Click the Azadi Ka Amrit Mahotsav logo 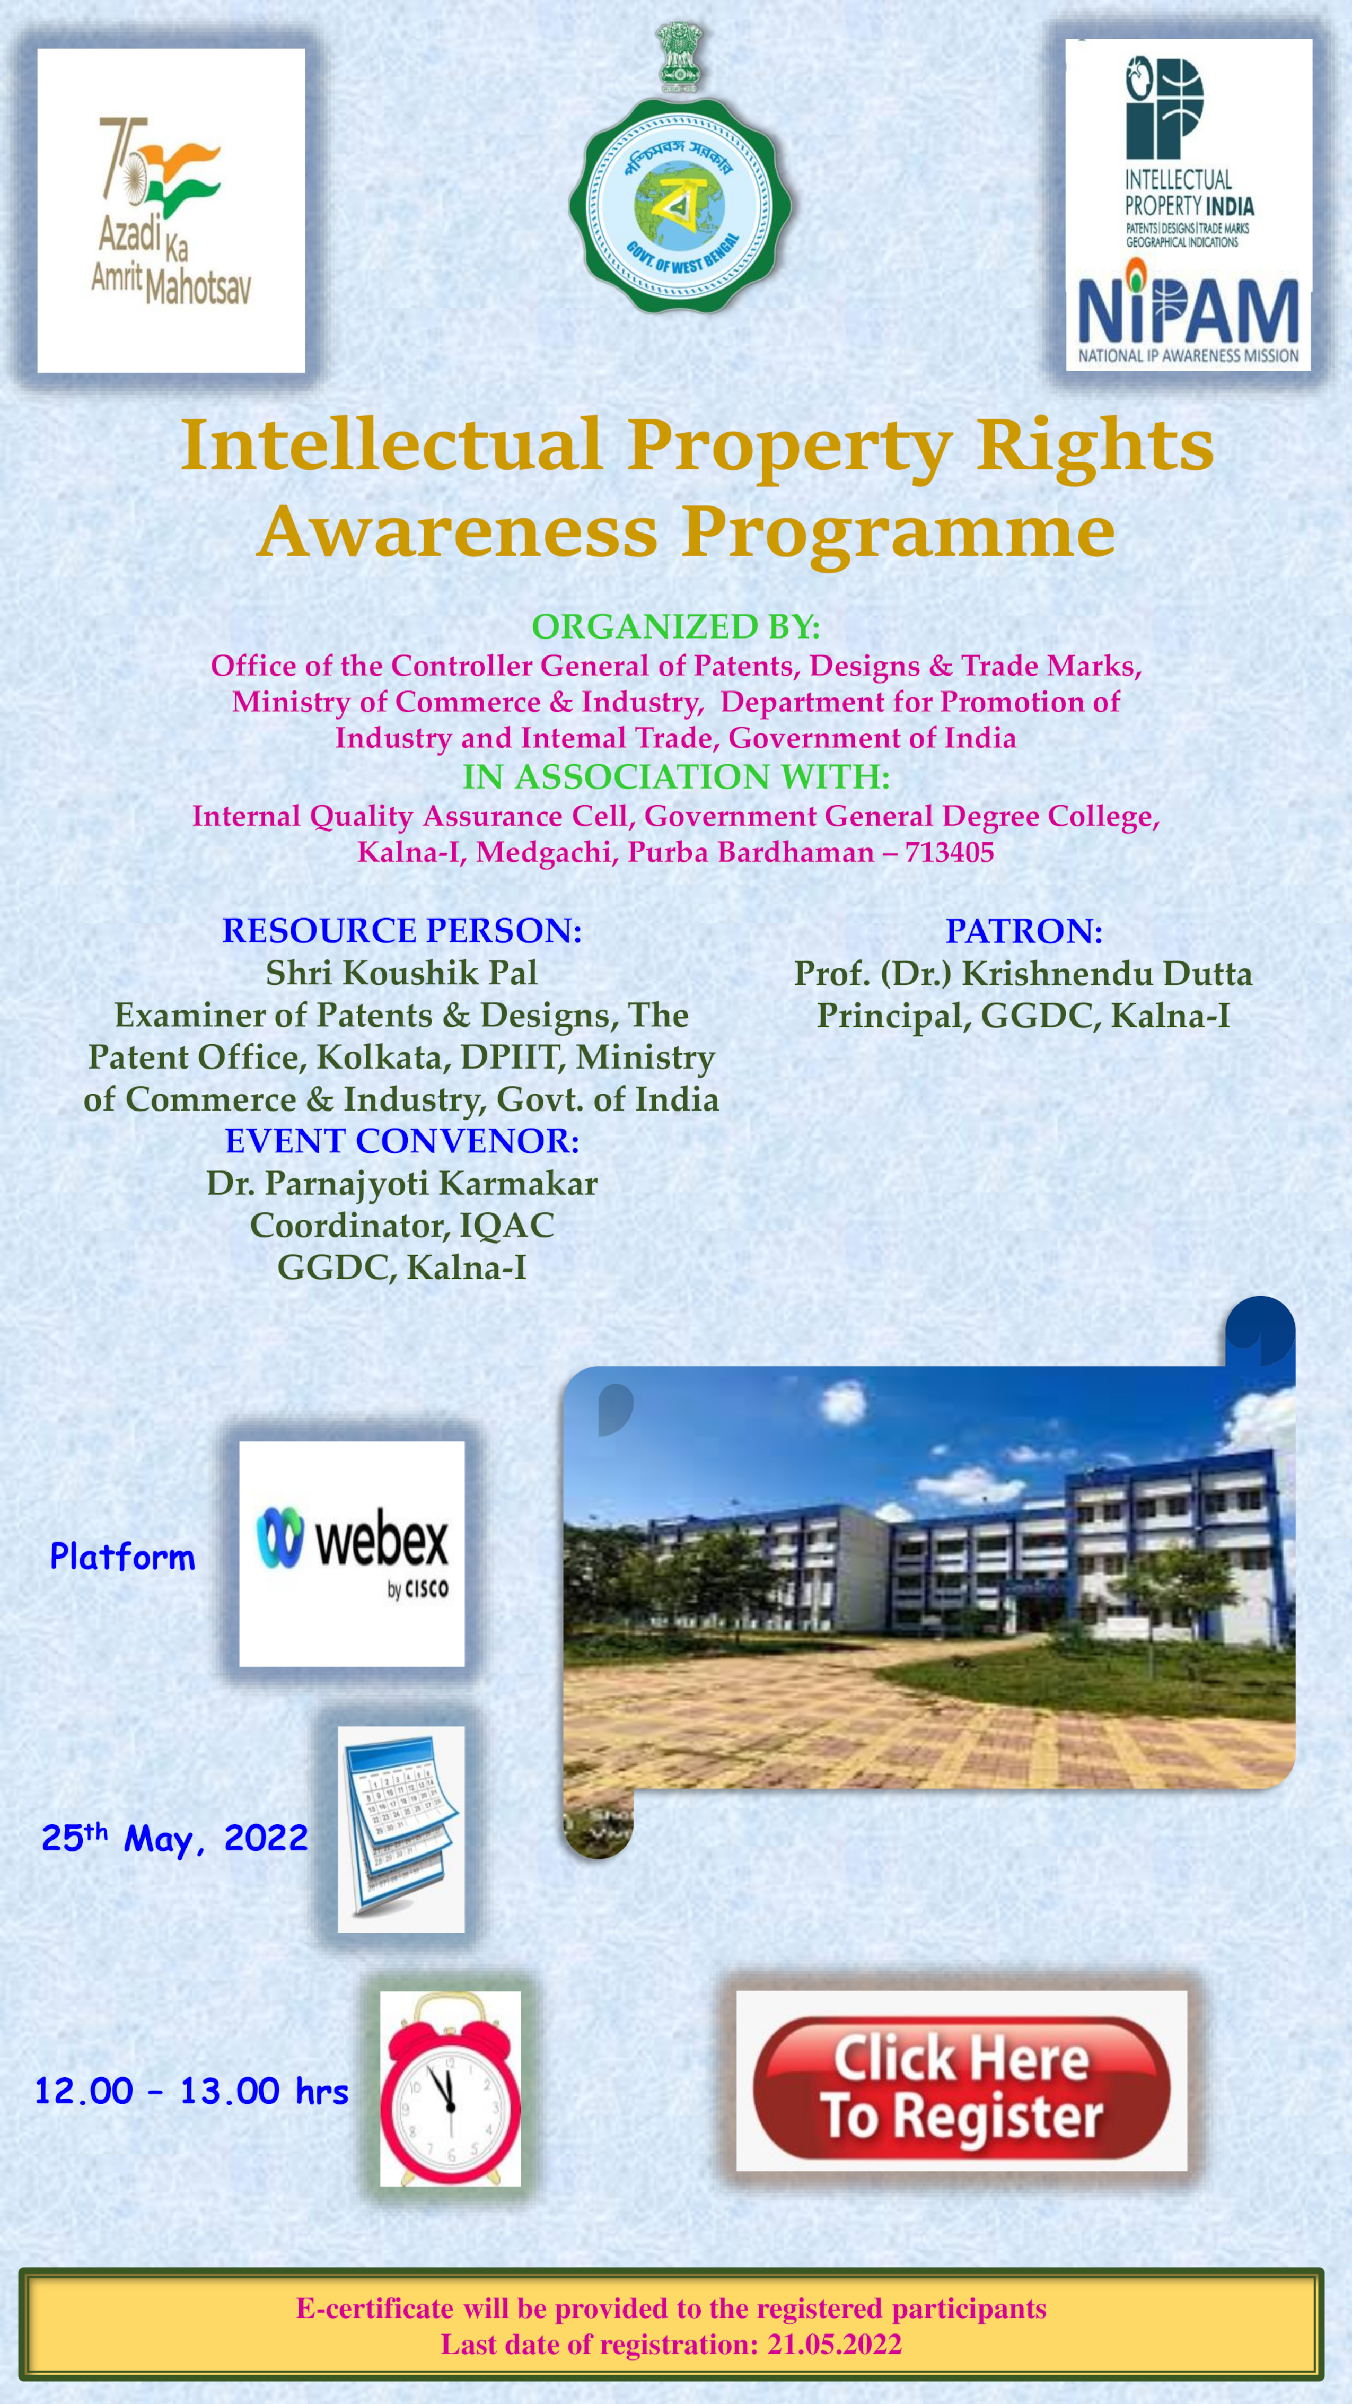coord(171,211)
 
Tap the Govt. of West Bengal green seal coord(680,205)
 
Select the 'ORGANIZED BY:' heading coord(675,626)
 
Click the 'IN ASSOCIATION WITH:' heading coord(675,776)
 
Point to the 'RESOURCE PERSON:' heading coord(401,930)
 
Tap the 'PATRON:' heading coord(1024,930)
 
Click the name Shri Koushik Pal coord(401,973)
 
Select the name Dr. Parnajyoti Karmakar coord(401,1183)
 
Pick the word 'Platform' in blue coord(122,1557)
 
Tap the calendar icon coord(401,1829)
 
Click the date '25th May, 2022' coord(174,1838)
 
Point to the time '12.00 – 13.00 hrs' coord(191,2091)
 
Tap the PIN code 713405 coord(949,852)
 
